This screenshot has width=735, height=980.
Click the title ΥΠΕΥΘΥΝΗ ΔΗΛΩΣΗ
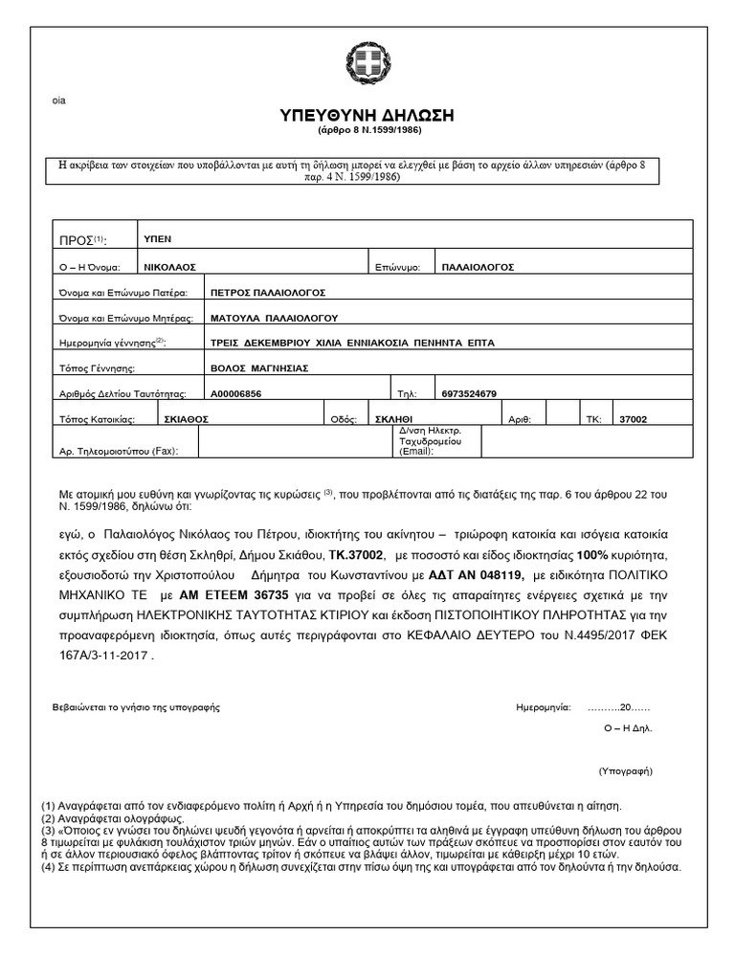pyautogui.click(x=367, y=116)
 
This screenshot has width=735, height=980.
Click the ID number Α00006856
pyautogui.click(x=234, y=392)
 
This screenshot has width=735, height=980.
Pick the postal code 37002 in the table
pyautogui.click(x=634, y=418)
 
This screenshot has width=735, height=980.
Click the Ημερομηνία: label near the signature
pyautogui.click(x=542, y=708)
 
